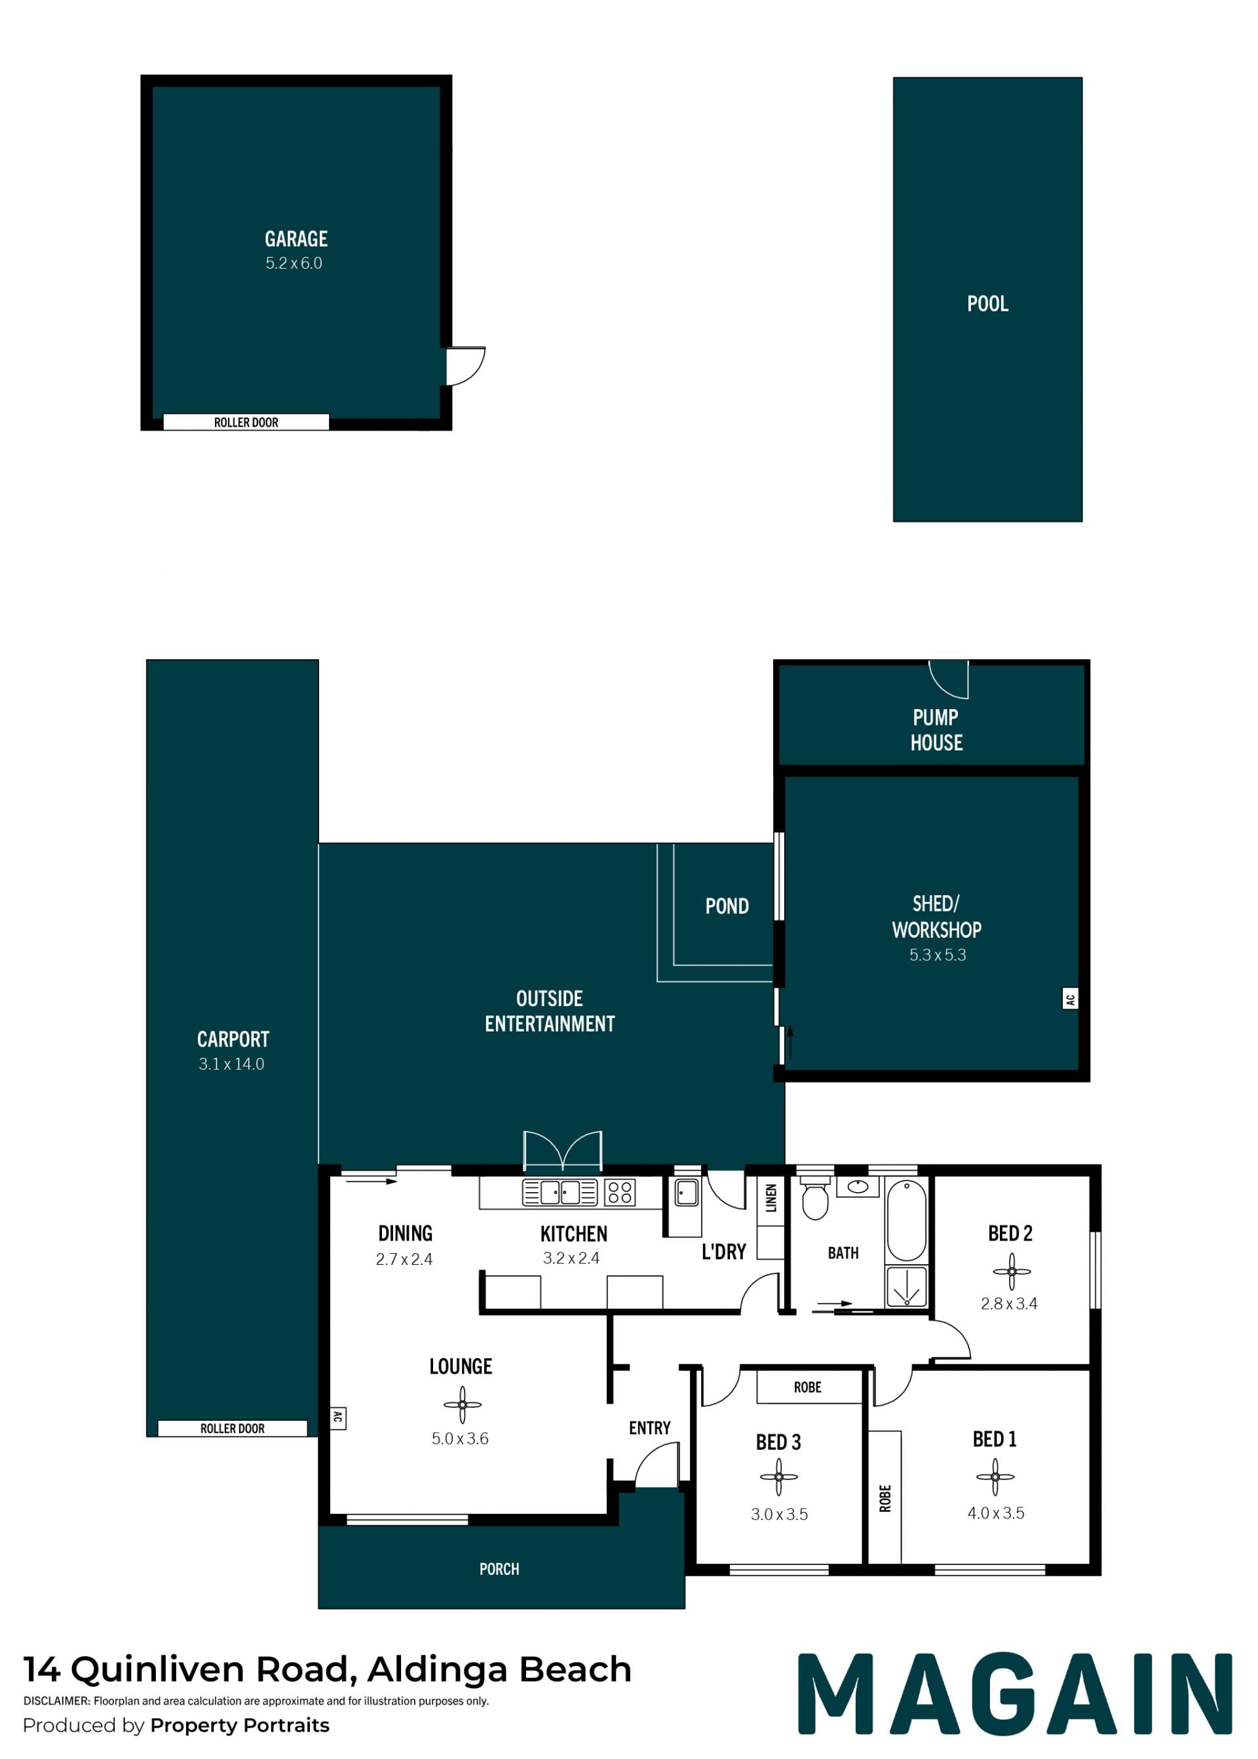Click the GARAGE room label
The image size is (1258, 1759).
click(x=296, y=239)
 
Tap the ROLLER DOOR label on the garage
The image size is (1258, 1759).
click(x=246, y=422)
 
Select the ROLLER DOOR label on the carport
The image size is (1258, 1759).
click(x=233, y=1428)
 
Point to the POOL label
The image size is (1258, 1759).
click(x=987, y=303)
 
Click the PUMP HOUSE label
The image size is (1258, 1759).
click(x=936, y=730)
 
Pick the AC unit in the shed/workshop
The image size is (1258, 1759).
click(x=1070, y=998)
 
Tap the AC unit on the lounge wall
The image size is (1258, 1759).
click(x=337, y=1418)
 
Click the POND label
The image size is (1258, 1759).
click(x=727, y=906)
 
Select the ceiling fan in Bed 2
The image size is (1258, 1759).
click(x=1012, y=1271)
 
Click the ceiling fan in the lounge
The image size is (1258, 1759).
click(x=463, y=1404)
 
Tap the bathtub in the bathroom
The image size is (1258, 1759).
click(x=906, y=1221)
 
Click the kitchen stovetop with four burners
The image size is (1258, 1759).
click(x=620, y=1191)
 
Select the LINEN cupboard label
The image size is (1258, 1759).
click(x=771, y=1198)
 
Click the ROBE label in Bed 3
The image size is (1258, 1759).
click(x=807, y=1387)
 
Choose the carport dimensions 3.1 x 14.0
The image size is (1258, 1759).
click(x=231, y=1064)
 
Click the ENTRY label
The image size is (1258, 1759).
click(x=649, y=1427)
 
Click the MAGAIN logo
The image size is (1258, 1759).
click(x=1016, y=1694)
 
